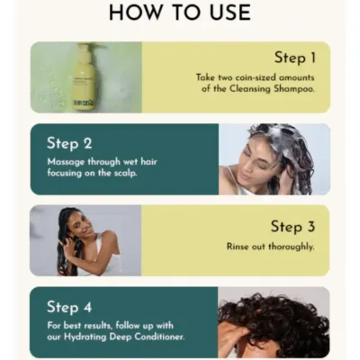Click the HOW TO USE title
tap(179, 13)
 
